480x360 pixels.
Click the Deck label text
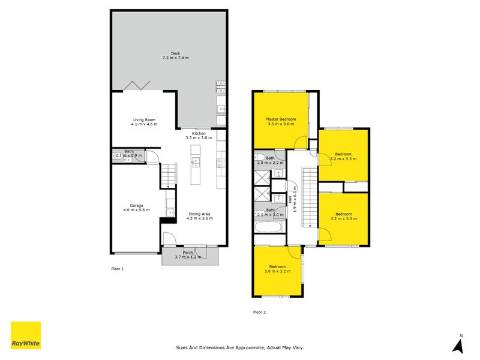[x=175, y=56]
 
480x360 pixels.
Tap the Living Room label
[x=144, y=122]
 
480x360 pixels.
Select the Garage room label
[x=136, y=208]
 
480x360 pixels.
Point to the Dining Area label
[x=199, y=217]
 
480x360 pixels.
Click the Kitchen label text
[x=199, y=136]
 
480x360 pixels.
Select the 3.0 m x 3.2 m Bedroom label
[x=277, y=269]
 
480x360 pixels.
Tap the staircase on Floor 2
[x=309, y=198]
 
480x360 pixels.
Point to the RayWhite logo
[x=26, y=335]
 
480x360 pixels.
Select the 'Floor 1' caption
[x=118, y=269]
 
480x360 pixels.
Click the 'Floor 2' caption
[x=259, y=312]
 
